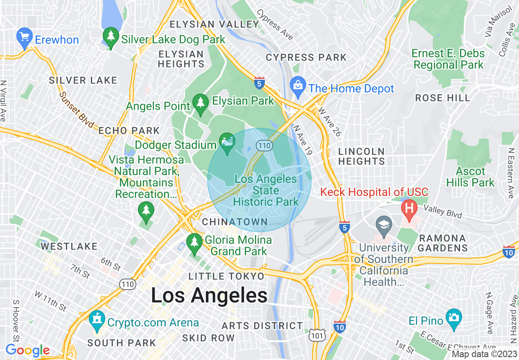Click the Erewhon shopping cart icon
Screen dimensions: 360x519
(25, 38)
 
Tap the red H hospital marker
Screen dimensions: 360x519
(409, 208)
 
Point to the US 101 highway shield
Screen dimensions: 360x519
(318, 336)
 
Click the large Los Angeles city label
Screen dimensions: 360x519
(209, 295)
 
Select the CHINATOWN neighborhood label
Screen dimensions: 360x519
(235, 222)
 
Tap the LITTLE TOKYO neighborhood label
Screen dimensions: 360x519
(226, 277)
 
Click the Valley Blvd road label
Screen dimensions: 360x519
(443, 212)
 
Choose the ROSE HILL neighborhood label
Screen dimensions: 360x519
(442, 98)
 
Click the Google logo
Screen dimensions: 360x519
(27, 350)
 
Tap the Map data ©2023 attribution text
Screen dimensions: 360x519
(484, 354)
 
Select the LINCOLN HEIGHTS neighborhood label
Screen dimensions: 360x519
(361, 156)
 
